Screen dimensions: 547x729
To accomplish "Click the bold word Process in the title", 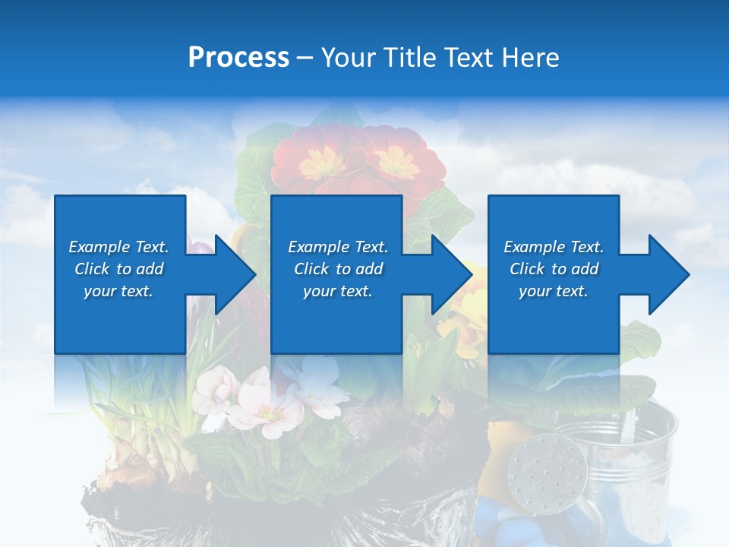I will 238,58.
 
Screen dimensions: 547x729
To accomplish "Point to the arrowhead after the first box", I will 235,274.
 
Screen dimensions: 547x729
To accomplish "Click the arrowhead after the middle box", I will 452,274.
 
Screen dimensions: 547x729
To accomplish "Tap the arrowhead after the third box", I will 668,274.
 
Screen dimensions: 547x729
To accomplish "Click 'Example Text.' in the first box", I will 118,247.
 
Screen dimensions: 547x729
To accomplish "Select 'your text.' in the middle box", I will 337,291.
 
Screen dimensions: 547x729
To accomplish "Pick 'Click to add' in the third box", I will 554,269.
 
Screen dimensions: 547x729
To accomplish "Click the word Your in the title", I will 349,58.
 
